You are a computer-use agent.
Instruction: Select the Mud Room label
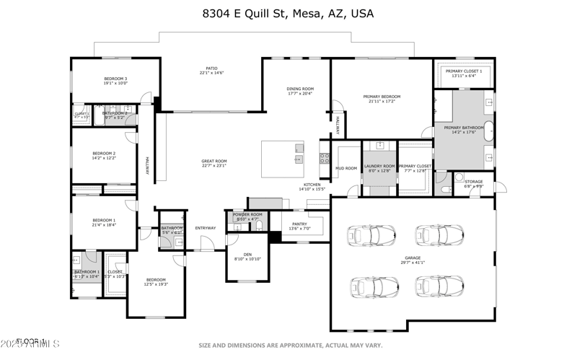[x=346, y=169]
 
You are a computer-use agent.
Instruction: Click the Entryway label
[x=206, y=229]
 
